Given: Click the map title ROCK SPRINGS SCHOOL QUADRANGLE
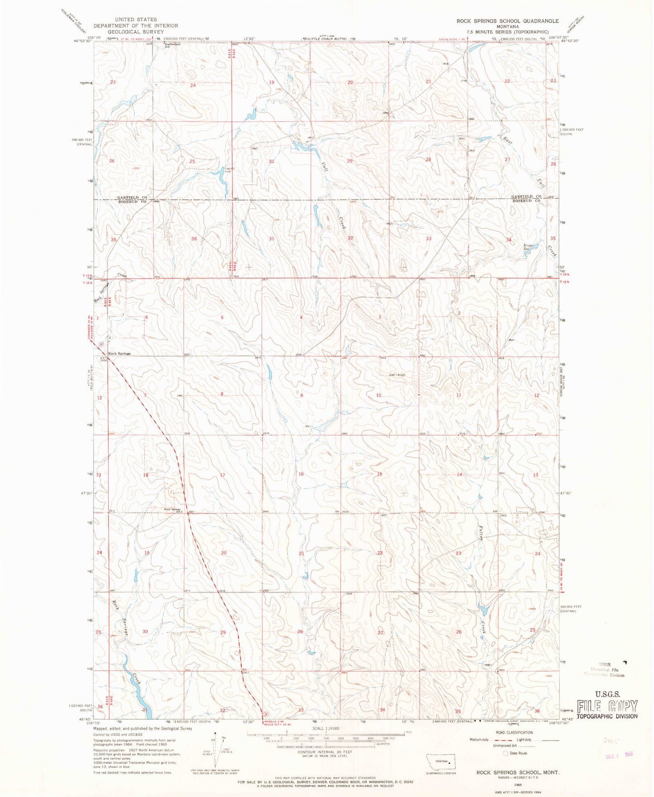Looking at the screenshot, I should point(507,21).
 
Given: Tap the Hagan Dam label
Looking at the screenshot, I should point(229,170).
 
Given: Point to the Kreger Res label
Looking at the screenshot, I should point(529,247).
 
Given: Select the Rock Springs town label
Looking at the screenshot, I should point(119,353).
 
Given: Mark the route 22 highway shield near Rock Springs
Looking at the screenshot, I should point(101,344).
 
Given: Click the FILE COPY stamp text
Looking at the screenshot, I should point(607,706).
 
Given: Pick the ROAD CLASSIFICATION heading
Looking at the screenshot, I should point(515,732).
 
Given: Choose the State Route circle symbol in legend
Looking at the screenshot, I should point(506,753).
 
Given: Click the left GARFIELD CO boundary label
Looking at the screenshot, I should point(132,198).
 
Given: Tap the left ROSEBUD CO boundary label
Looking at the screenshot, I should point(132,202).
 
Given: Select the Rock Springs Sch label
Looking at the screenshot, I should point(172,509).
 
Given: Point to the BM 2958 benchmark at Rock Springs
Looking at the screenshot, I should point(104,359).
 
